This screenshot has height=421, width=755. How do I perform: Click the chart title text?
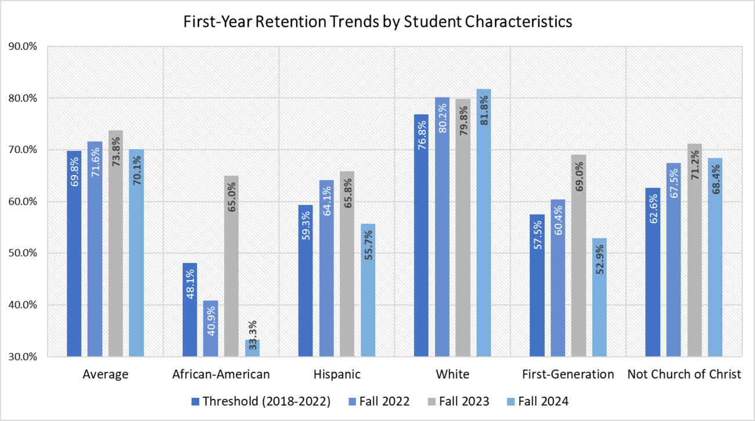pyautogui.click(x=378, y=22)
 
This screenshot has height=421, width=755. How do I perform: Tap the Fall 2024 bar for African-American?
pyautogui.click(x=252, y=348)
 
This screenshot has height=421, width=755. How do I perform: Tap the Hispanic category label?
pyautogui.click(x=337, y=375)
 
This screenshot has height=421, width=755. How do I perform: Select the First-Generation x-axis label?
pyautogui.click(x=568, y=375)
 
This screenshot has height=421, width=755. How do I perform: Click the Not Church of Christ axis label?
pyautogui.click(x=684, y=375)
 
